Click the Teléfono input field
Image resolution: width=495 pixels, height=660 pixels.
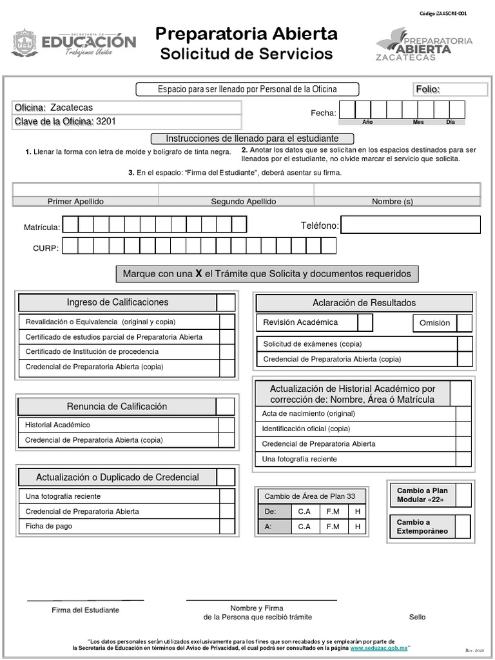(x=411, y=225)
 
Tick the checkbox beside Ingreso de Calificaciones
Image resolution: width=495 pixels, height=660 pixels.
(x=226, y=303)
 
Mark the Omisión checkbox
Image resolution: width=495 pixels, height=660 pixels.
(x=464, y=323)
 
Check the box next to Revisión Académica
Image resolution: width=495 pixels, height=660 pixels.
(x=365, y=322)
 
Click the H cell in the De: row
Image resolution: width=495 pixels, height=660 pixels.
(x=357, y=512)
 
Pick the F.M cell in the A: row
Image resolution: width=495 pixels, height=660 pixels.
(x=333, y=527)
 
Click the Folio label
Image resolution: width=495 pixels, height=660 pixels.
(x=427, y=90)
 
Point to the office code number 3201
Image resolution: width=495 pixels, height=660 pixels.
(x=106, y=121)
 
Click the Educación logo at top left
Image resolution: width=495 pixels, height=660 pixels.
(x=73, y=43)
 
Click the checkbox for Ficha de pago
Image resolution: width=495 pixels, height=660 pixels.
(x=227, y=527)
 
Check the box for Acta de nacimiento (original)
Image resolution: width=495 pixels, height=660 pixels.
(x=463, y=414)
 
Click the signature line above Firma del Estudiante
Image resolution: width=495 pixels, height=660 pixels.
(x=85, y=600)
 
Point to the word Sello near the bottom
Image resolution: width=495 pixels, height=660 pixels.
(x=417, y=617)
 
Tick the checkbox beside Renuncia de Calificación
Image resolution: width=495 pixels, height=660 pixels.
(x=226, y=407)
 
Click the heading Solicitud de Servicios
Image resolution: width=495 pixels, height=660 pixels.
(x=246, y=54)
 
